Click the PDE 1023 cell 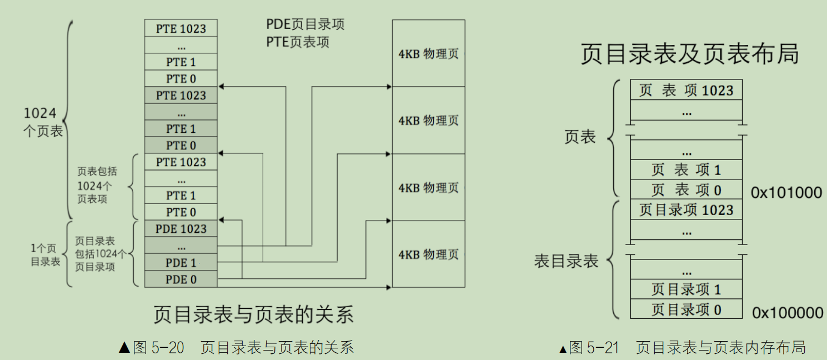(181, 229)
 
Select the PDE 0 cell (181, 279)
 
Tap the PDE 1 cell (181, 262)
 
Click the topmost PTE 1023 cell (181, 28)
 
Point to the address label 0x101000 (786, 193)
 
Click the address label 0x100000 (787, 313)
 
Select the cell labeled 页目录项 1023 (686, 210)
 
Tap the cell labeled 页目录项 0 (686, 309)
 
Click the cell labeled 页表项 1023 (686, 91)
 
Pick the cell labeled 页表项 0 (686, 190)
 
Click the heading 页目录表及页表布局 (689, 54)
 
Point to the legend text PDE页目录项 (305, 24)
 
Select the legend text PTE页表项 (298, 42)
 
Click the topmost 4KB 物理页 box (428, 53)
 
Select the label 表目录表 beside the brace (566, 261)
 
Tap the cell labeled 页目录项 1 (686, 289)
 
